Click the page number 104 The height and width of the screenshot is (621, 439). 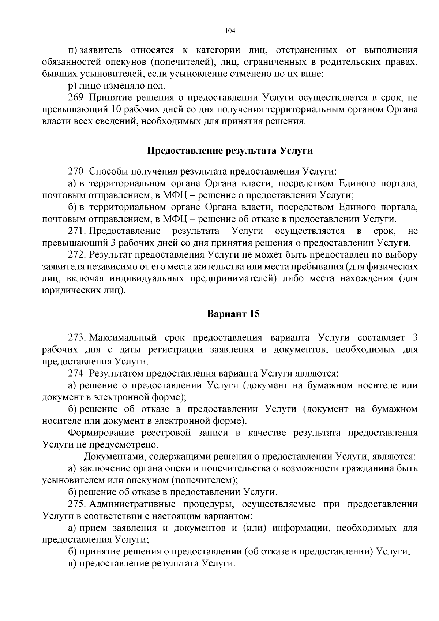tap(230, 31)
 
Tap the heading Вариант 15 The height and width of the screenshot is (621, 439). tap(233, 314)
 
